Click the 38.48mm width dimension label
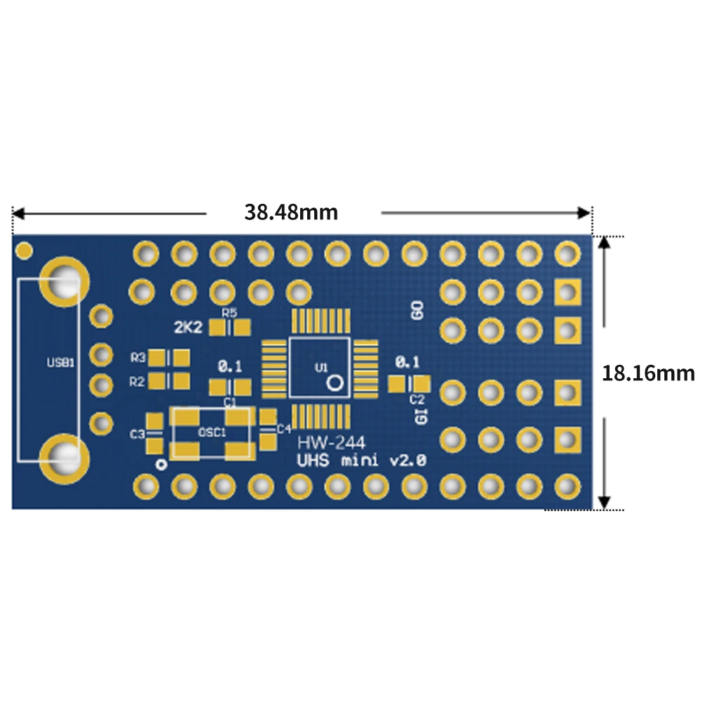point(291,212)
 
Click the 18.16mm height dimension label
point(647,373)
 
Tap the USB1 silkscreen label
point(59,363)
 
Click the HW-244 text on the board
point(325,444)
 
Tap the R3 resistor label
point(137,358)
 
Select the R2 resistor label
point(137,382)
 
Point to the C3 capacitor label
point(137,434)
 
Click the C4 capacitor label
point(283,429)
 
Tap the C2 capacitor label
point(417,399)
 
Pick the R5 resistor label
point(229,312)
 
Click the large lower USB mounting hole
point(64,458)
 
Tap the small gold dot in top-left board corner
point(25,249)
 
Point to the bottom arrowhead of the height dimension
point(605,502)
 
